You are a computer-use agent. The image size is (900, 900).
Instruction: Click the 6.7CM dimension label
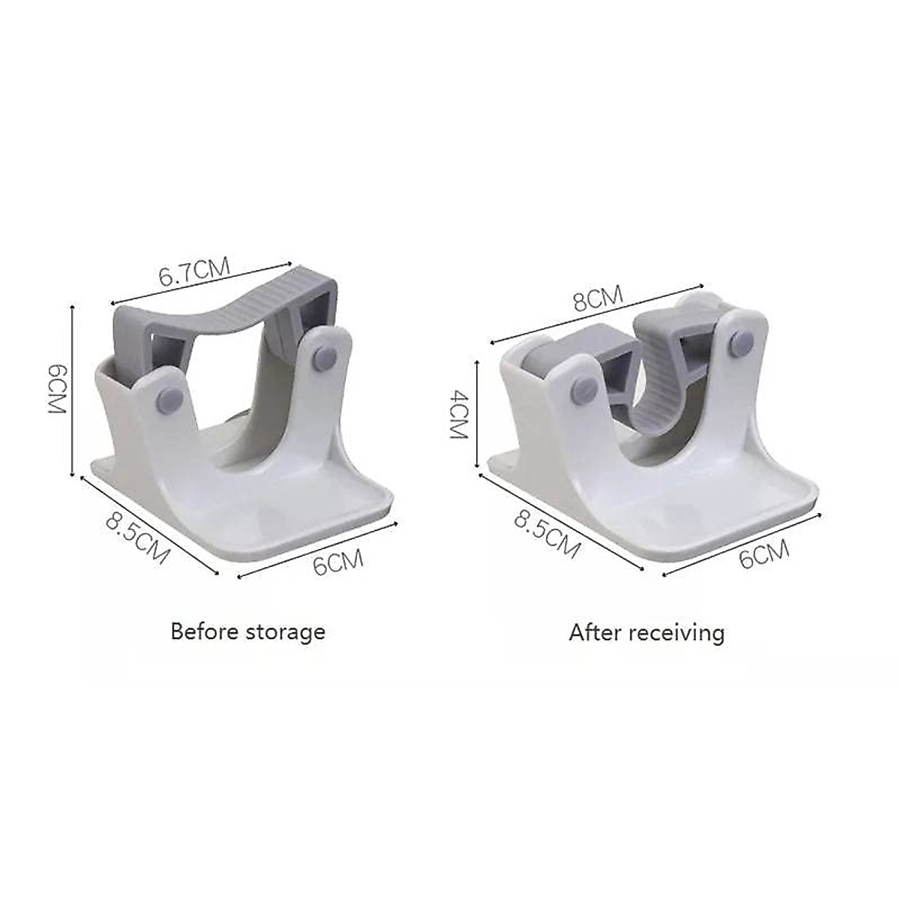point(192,271)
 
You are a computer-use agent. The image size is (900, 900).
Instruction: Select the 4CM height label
point(459,414)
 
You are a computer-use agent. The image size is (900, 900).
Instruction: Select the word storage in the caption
point(284,631)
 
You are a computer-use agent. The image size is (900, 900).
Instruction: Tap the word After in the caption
point(595,633)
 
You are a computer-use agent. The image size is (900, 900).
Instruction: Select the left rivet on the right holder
point(580,388)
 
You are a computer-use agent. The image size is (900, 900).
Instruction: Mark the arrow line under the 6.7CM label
point(202,285)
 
